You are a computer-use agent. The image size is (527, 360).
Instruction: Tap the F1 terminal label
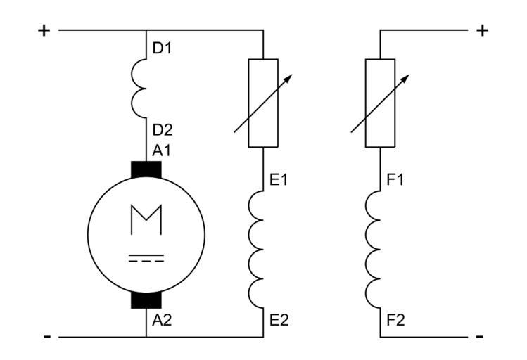(x=395, y=179)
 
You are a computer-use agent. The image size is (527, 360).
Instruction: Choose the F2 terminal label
(x=395, y=320)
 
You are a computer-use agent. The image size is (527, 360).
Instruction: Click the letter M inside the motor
(x=146, y=220)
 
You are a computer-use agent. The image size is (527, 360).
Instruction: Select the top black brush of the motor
(x=146, y=170)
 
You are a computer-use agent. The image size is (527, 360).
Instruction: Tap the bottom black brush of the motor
(x=146, y=298)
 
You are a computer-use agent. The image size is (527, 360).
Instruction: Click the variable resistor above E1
(x=263, y=103)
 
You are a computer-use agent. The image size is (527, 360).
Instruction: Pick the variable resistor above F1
(x=380, y=103)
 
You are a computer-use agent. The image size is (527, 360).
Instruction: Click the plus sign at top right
(x=482, y=30)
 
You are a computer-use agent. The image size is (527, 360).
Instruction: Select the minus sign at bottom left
(x=46, y=337)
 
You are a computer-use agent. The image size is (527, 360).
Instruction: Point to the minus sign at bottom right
(x=480, y=337)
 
